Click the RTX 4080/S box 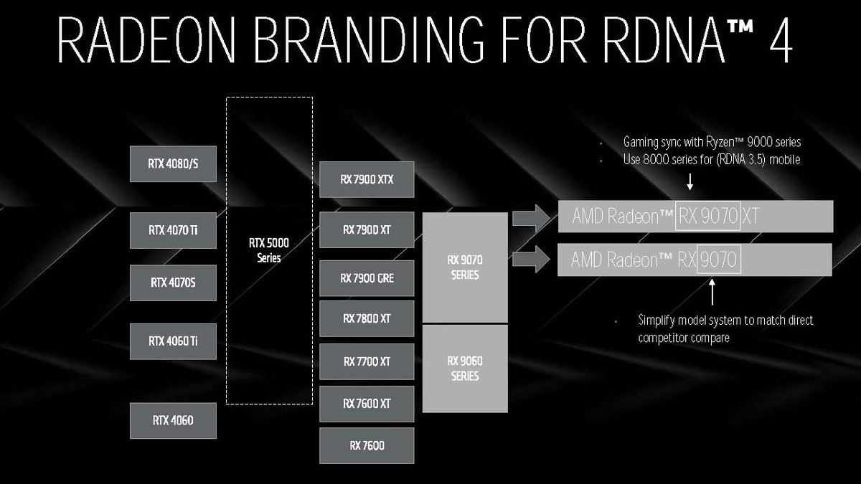click(x=173, y=163)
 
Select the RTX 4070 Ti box click(x=173, y=230)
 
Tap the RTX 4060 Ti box click(x=173, y=341)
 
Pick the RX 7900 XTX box click(x=367, y=179)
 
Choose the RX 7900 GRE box click(x=367, y=278)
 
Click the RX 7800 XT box click(x=367, y=318)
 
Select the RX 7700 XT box click(x=367, y=361)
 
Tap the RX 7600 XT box click(x=367, y=404)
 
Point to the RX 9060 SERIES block click(x=465, y=369)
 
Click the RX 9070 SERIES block click(x=465, y=267)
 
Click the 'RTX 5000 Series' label click(x=269, y=250)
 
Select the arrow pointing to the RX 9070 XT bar click(x=531, y=218)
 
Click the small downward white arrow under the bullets click(x=690, y=181)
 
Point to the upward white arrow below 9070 click(x=712, y=292)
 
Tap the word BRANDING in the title click(x=368, y=39)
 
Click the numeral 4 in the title click(x=781, y=39)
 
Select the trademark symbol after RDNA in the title click(x=740, y=27)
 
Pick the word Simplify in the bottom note click(x=656, y=321)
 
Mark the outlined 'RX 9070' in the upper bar click(x=708, y=216)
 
